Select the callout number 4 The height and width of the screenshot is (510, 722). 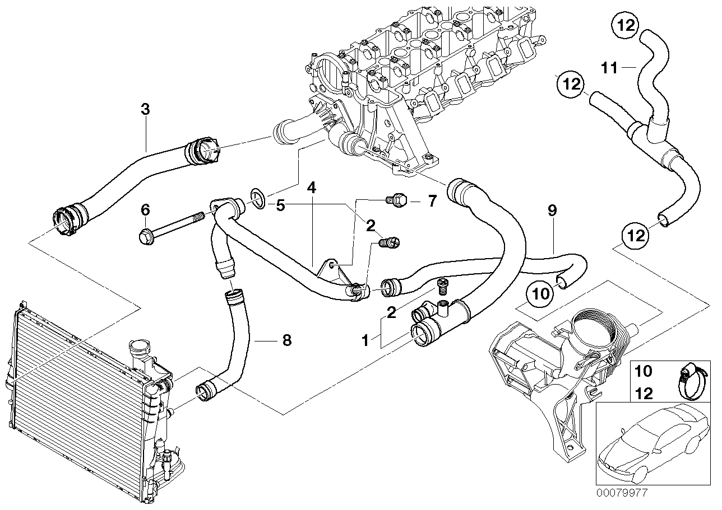point(312,186)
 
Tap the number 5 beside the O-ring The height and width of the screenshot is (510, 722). point(280,205)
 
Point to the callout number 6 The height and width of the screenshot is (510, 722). point(145,210)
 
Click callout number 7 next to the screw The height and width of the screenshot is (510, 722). point(432,201)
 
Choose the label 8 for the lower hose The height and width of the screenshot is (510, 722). point(286,340)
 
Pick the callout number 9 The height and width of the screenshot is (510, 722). point(552,210)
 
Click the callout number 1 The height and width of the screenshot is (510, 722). point(365,340)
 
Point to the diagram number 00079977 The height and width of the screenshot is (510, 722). point(626,493)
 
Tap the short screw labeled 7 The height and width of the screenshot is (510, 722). point(397,200)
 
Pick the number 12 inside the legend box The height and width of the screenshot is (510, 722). point(645,394)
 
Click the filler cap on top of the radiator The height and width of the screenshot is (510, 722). point(138,350)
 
